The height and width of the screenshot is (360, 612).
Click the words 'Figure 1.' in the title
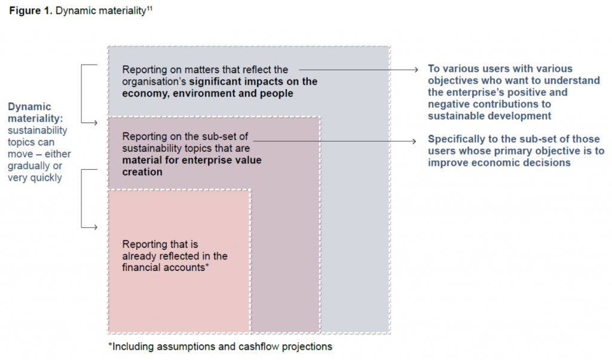30,11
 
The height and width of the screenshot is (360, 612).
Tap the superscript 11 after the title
149,8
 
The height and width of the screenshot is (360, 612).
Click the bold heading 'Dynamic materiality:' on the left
35,112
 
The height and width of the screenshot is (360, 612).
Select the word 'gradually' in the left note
25,166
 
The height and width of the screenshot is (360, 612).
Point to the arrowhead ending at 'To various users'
416,69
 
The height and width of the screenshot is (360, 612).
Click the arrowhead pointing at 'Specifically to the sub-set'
415,141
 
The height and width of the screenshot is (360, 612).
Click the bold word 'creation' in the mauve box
142,172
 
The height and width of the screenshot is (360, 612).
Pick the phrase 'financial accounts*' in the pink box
166,267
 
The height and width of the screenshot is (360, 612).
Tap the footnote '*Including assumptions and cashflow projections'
221,347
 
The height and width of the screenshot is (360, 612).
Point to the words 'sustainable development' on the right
489,116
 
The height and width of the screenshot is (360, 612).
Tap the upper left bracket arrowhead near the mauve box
95,123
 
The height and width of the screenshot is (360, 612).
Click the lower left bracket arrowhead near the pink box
95,227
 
